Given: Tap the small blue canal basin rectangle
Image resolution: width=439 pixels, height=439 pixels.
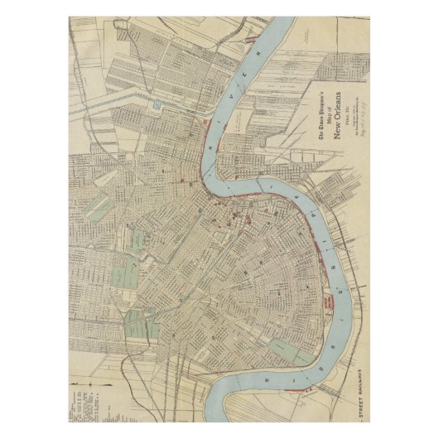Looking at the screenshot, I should (157, 105).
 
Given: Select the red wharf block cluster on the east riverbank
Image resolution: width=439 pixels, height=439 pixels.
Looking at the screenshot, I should (335, 299).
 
